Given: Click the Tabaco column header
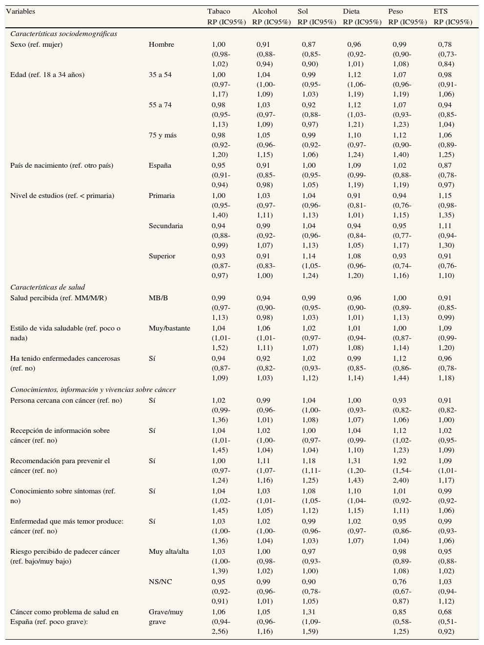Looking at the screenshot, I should pyautogui.click(x=219, y=11).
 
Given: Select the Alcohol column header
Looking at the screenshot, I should pyautogui.click(x=264, y=11).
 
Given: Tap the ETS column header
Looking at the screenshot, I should pyautogui.click(x=440, y=11).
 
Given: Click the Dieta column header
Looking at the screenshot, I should pyautogui.click(x=352, y=11).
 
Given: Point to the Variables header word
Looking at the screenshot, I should pyautogui.click(x=20, y=11).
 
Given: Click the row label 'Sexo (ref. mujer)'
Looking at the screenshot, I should pyautogui.click(x=37, y=44).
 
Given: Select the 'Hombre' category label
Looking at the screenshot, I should pyautogui.click(x=161, y=44).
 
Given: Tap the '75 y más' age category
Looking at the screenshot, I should pyautogui.click(x=162, y=135).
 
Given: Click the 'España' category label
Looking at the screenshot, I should pyautogui.click(x=160, y=165).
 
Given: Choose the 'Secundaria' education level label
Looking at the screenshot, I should pyautogui.click(x=166, y=226).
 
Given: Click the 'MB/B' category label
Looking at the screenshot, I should pyautogui.click(x=158, y=298).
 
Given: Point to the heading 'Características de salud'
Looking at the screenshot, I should pyautogui.click(x=47, y=287).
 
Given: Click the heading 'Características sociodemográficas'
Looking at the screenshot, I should pyautogui.click(x=63, y=34).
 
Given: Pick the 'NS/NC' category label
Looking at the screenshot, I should pyautogui.click(x=161, y=582).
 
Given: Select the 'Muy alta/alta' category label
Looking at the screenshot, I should pyautogui.click(x=169, y=551).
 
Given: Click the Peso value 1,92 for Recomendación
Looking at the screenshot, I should pyautogui.click(x=400, y=461).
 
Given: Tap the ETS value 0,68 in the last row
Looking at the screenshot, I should pyautogui.click(x=445, y=612).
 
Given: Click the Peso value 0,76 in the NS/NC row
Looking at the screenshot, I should pyautogui.click(x=400, y=582).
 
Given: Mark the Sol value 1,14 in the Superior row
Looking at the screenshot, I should pyautogui.click(x=309, y=256).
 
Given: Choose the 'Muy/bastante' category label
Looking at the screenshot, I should pyautogui.click(x=169, y=328).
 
